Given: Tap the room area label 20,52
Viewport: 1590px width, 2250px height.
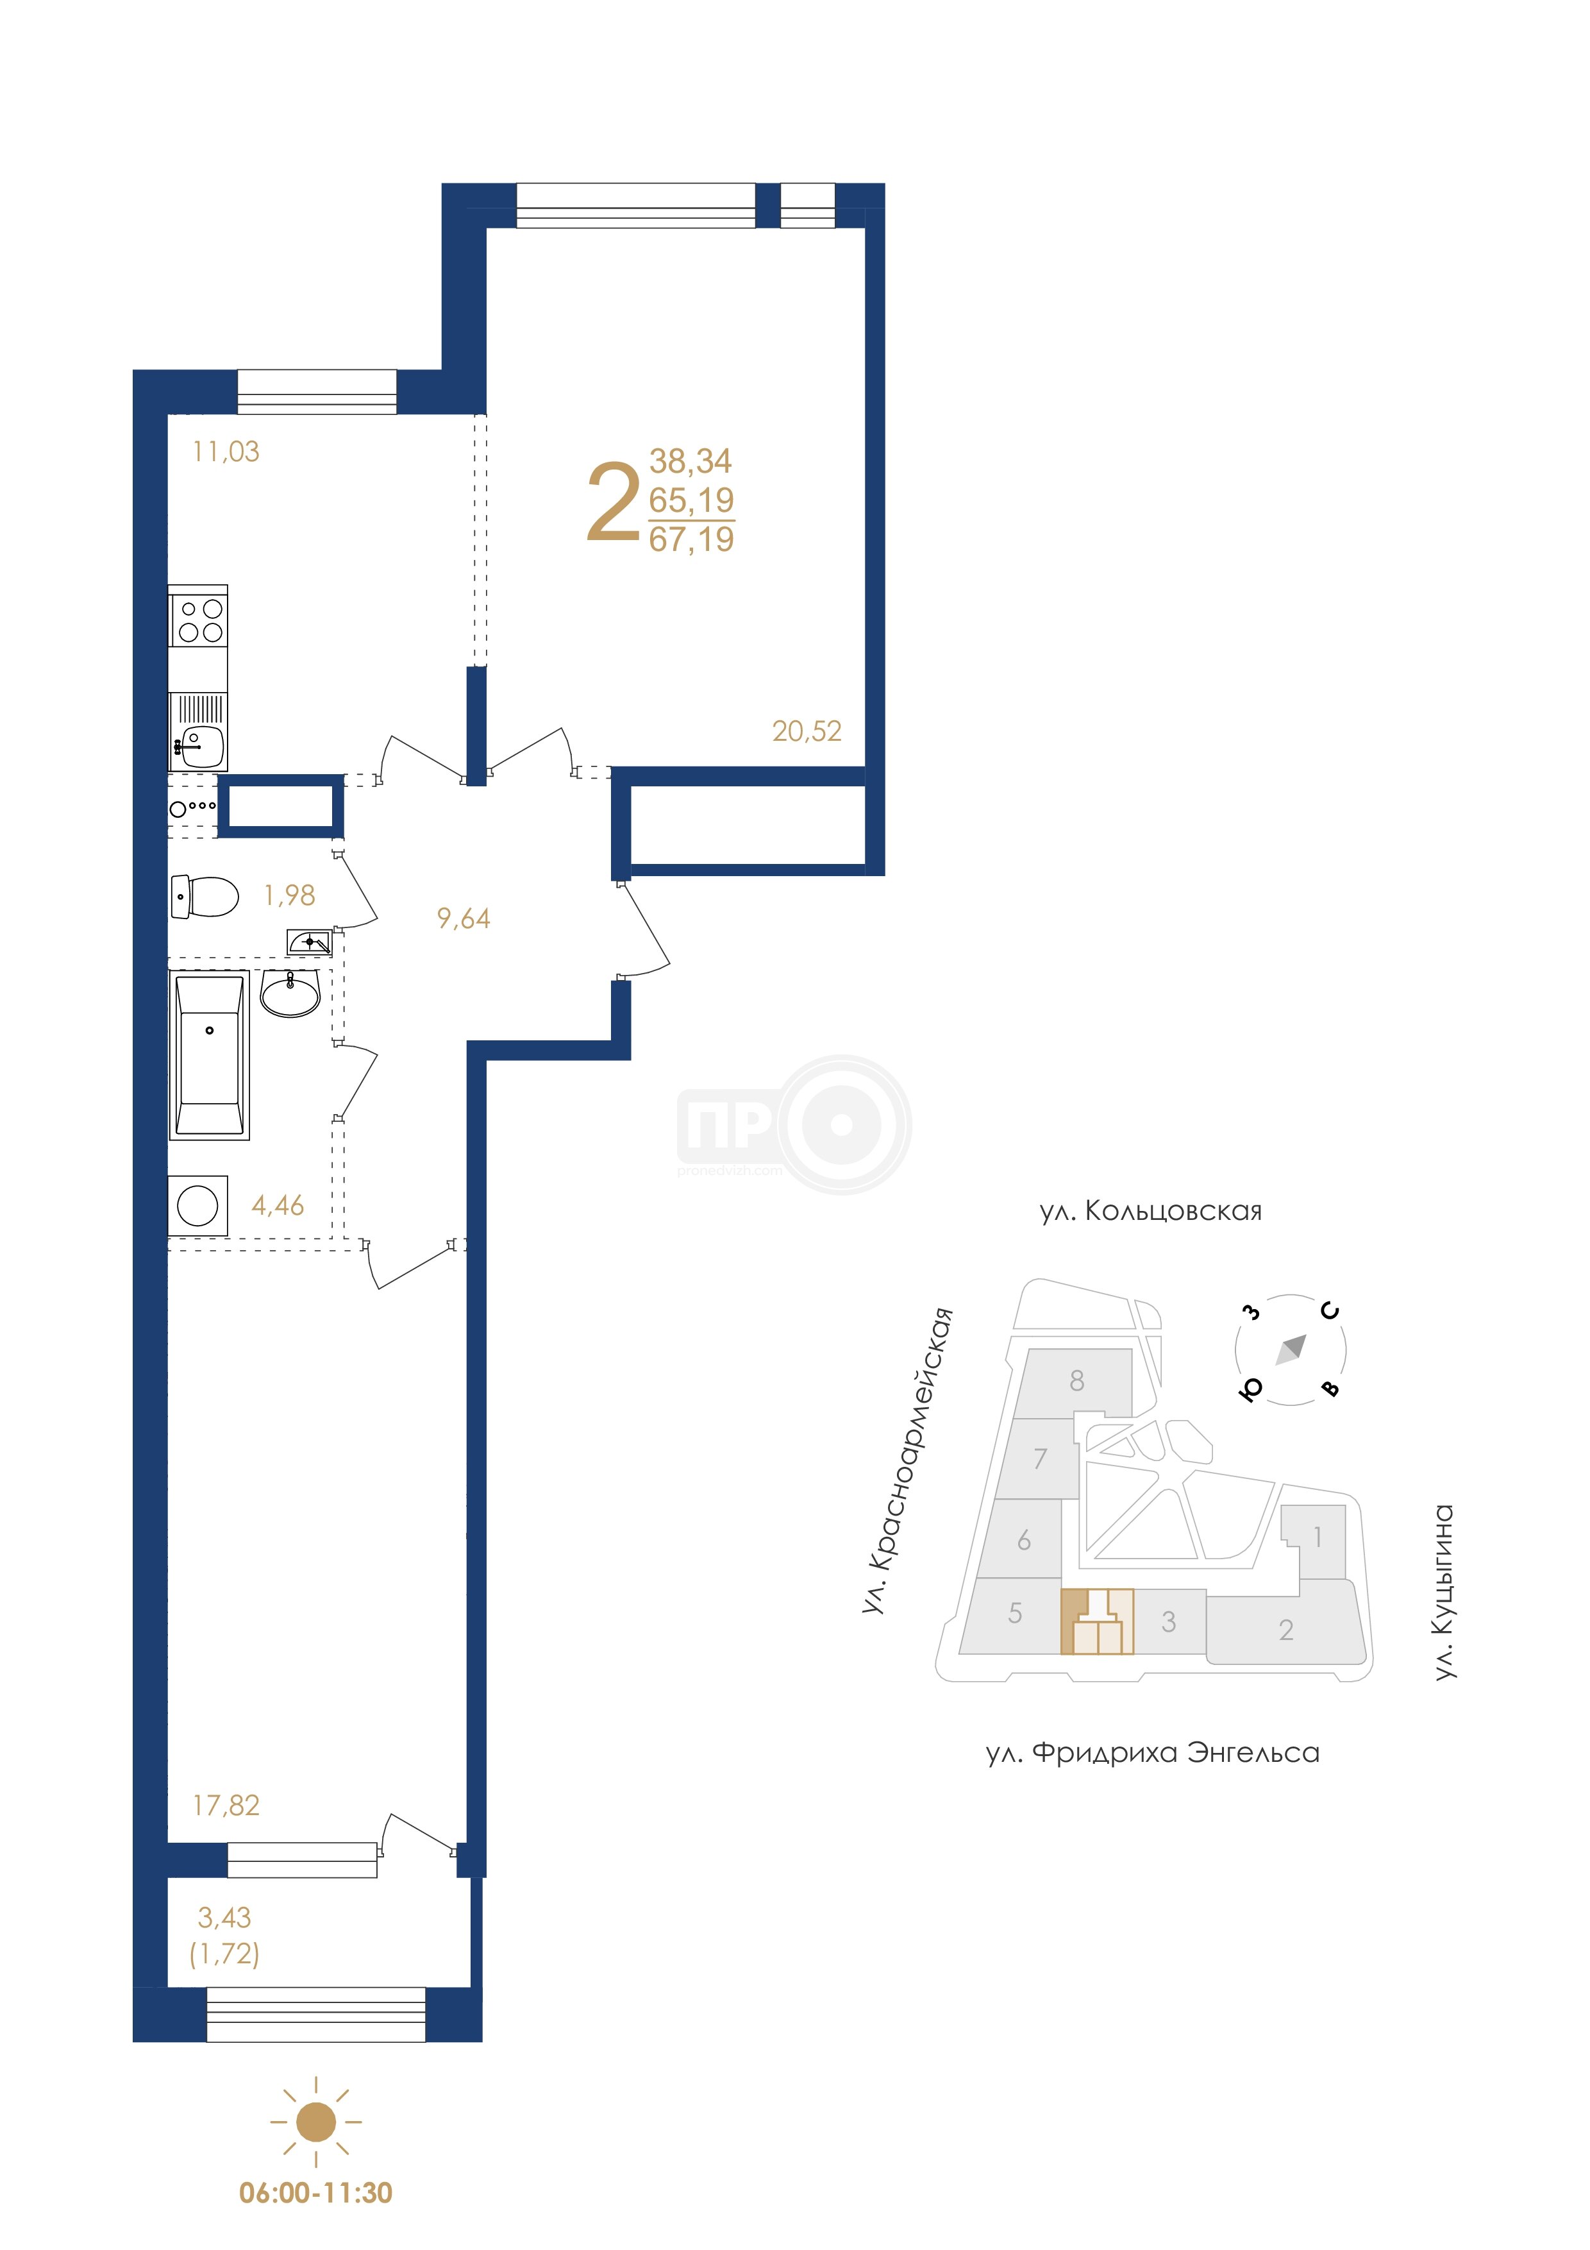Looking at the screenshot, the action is click(x=807, y=731).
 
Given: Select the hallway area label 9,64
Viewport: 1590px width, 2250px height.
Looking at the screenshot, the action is click(x=464, y=918).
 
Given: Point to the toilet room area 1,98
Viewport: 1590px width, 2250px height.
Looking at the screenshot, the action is click(x=289, y=895).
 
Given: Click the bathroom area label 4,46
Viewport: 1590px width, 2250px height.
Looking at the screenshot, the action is click(x=278, y=1205).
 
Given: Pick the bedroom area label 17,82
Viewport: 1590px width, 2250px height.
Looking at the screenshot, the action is click(x=226, y=1805).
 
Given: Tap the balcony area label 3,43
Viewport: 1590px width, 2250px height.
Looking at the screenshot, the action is click(x=224, y=1917).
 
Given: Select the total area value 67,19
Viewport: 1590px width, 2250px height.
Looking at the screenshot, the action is click(x=692, y=539).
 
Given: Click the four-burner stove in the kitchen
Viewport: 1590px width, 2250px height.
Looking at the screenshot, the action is click(x=198, y=620).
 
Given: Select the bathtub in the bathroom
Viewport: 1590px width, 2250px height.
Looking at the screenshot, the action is click(x=210, y=1056).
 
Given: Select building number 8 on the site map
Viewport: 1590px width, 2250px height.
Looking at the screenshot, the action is click(x=1076, y=1381).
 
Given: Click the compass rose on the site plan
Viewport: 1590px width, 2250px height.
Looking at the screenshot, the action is click(x=1290, y=1350).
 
